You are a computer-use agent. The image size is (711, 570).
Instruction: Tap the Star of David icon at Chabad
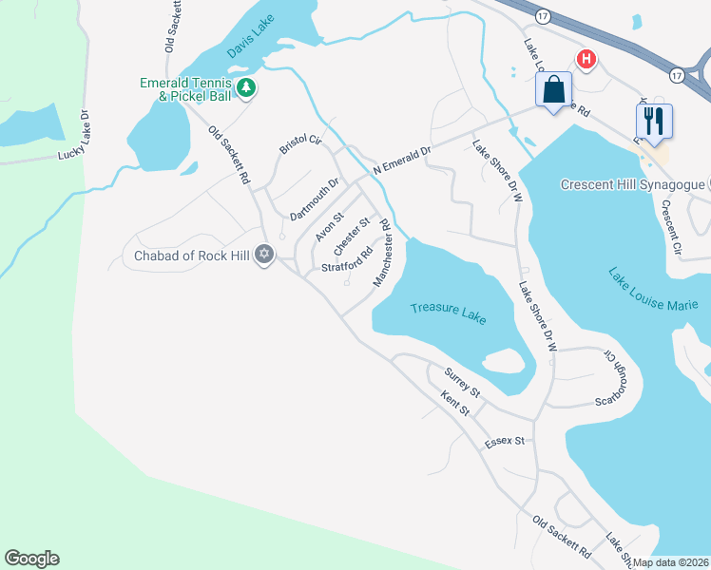click(x=264, y=255)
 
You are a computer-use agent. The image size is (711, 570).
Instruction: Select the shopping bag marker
click(x=554, y=91)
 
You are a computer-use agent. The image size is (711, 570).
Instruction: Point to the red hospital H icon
click(x=587, y=59)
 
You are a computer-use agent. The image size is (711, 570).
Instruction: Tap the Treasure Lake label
click(x=449, y=309)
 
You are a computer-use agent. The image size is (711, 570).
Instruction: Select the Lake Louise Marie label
click(x=653, y=290)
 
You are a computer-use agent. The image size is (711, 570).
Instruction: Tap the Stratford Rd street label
click(x=346, y=259)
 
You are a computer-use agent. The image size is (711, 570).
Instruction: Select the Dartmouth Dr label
click(x=315, y=199)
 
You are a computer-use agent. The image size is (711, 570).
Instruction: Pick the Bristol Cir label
click(x=300, y=145)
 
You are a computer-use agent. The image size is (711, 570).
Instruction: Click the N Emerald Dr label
click(x=402, y=158)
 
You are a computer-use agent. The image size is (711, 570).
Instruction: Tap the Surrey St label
click(x=462, y=384)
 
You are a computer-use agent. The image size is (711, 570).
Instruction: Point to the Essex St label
click(x=505, y=442)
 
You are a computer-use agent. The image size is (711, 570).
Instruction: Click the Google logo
click(x=31, y=559)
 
